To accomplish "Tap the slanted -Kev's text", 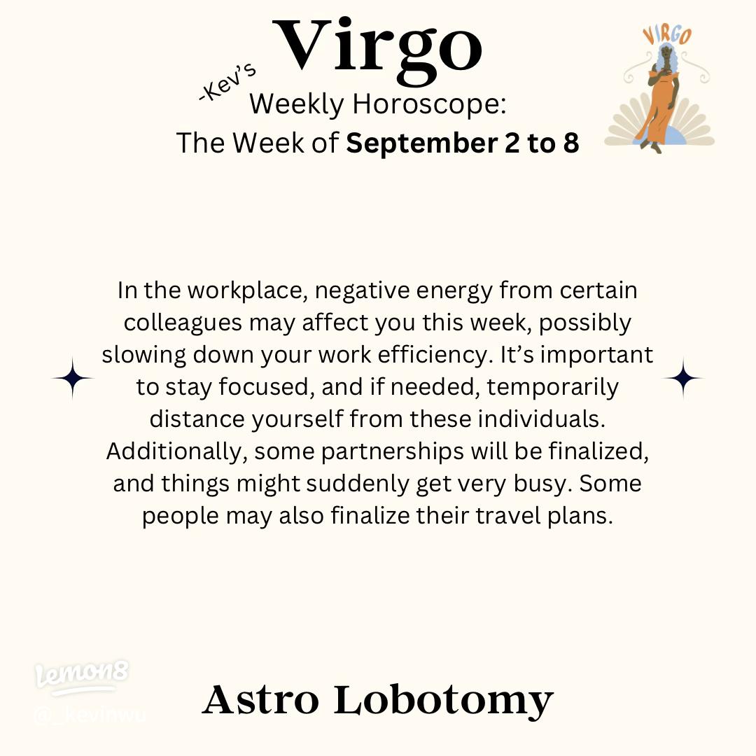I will (228, 85).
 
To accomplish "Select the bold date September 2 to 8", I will (463, 143).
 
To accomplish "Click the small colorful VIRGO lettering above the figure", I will (666, 36).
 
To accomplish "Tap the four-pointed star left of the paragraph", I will (72, 378).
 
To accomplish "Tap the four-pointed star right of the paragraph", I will (682, 378).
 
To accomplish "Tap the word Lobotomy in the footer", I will (443, 700).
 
